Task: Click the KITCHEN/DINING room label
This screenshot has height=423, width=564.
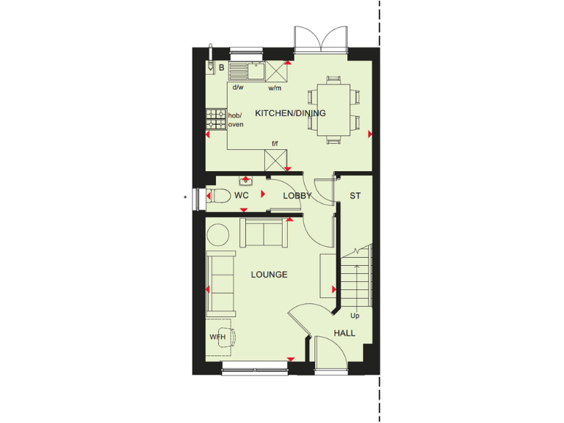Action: (x=290, y=113)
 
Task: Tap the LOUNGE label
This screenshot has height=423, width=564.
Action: (x=269, y=275)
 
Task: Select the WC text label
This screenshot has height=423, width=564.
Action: (x=242, y=195)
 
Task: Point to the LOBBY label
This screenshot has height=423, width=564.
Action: (x=297, y=196)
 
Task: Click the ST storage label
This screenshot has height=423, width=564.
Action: (x=355, y=196)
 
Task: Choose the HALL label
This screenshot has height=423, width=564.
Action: (x=344, y=333)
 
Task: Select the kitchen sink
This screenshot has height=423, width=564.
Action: (x=247, y=70)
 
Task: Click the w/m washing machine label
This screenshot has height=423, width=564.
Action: (x=275, y=87)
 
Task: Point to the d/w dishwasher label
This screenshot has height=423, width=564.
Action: (x=238, y=87)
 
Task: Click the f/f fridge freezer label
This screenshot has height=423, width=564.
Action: (x=275, y=144)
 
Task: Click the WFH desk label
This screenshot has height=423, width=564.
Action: (x=217, y=337)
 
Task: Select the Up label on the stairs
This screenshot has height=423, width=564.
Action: (x=355, y=316)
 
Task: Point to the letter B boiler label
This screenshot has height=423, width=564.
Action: (x=221, y=68)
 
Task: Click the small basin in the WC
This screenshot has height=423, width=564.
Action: (x=245, y=179)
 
